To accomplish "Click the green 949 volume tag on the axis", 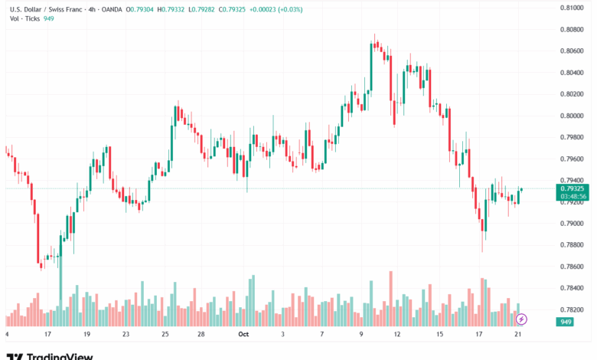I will tap(566, 322).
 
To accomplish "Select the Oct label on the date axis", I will tap(244, 335).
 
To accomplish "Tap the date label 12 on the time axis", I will tap(397, 335).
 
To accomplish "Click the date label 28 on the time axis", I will tap(201, 335).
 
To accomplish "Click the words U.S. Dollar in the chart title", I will tap(25, 9).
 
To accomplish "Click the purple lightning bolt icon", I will tap(521, 319).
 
